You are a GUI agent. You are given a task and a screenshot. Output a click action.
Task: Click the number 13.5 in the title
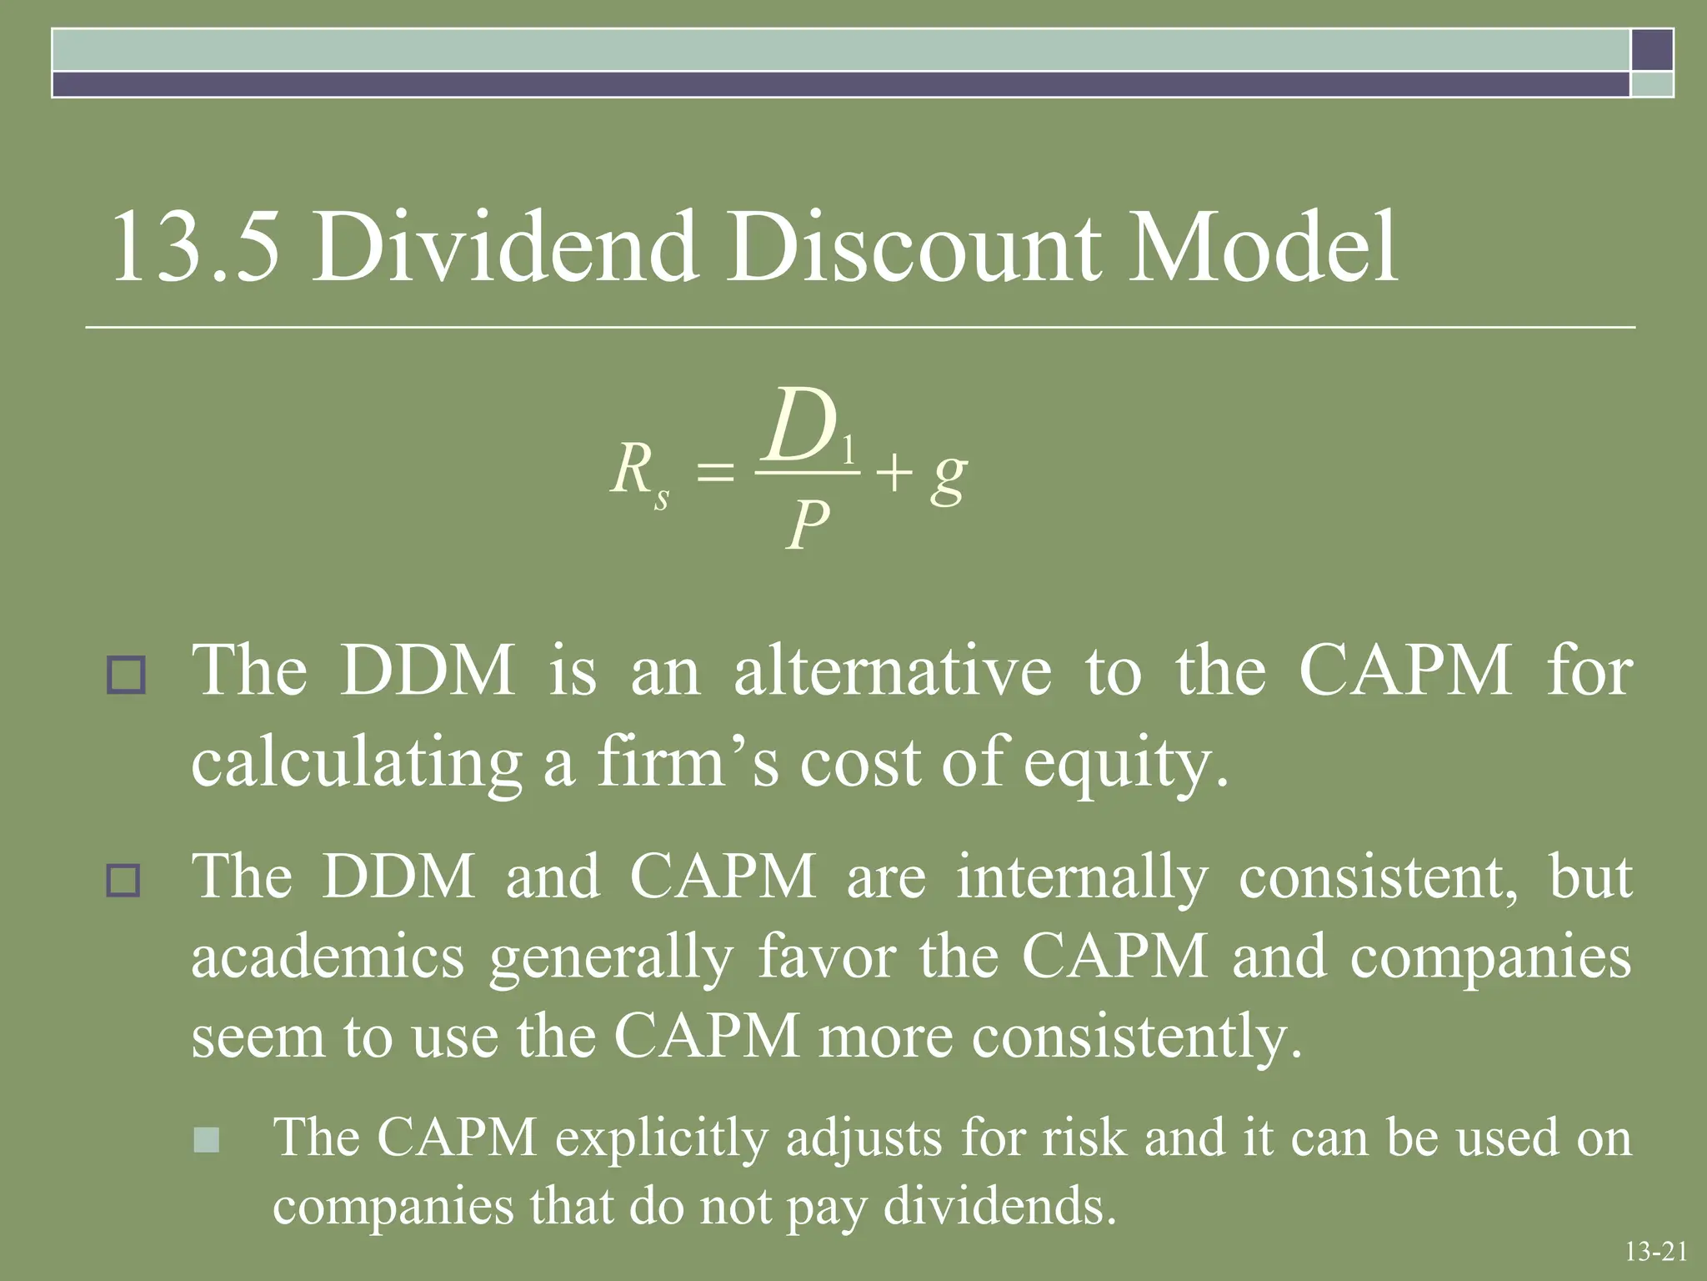[x=193, y=248]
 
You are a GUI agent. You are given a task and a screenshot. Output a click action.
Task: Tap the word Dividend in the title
[x=504, y=248]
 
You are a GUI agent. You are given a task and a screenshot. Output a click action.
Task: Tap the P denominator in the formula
[x=807, y=525]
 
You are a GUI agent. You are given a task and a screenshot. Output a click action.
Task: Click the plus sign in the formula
[x=894, y=474]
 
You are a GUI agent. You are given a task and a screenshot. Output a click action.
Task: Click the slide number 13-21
[x=1655, y=1251]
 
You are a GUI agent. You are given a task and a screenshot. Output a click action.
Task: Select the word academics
[x=328, y=957]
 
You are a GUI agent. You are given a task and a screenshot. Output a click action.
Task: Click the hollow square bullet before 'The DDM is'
[x=126, y=676]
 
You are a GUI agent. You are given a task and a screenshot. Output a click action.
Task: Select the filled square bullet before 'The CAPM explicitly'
[x=206, y=1139]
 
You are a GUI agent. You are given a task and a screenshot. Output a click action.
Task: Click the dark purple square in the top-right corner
[x=1652, y=49]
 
